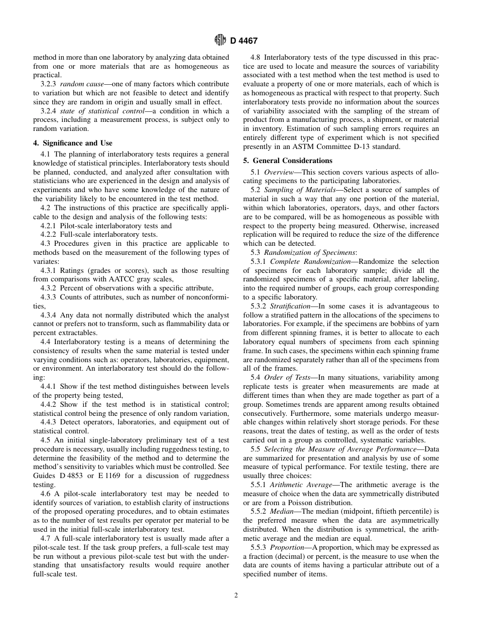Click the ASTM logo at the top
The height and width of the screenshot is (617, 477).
coord(220,41)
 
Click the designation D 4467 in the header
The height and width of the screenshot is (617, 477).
coord(244,41)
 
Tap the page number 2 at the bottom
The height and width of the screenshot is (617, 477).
coord(236,595)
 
